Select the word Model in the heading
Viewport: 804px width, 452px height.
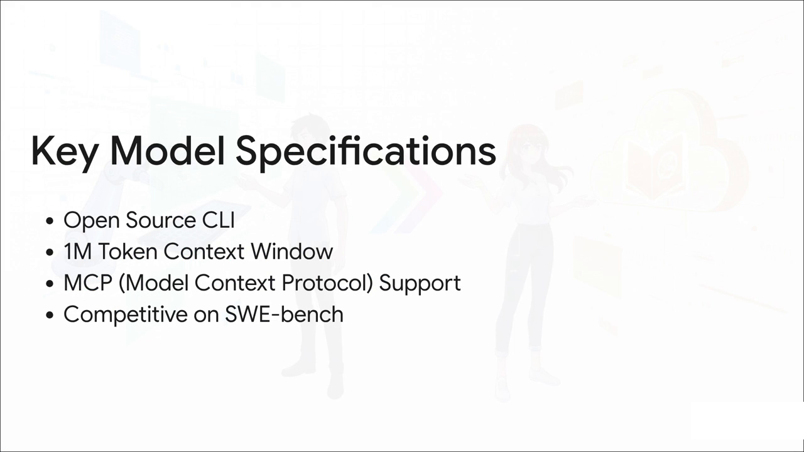(167, 151)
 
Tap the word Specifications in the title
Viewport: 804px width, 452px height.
(366, 151)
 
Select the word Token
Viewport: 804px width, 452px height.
(128, 252)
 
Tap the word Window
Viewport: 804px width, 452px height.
(291, 252)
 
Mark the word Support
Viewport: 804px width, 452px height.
(420, 283)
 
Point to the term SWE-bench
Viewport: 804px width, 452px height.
(284, 314)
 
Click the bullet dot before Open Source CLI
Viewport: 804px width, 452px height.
(50, 222)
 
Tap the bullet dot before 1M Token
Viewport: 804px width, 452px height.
(50, 253)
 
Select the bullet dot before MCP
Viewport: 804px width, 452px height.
(50, 284)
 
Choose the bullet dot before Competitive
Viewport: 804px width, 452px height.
(50, 315)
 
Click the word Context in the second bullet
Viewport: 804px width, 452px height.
(204, 252)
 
